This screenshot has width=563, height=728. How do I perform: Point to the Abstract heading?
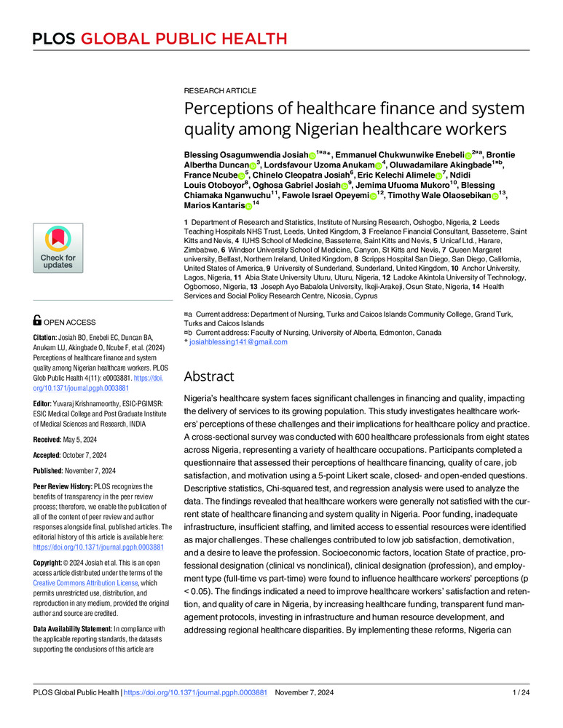pos(209,376)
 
